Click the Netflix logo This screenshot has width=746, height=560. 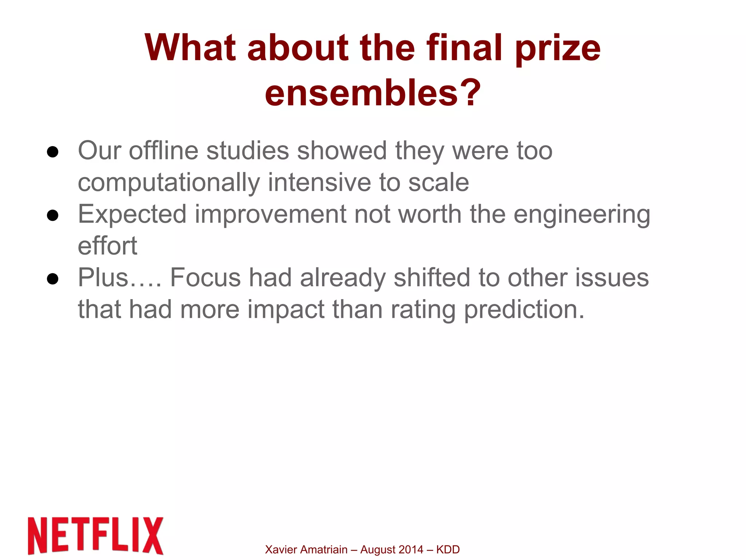click(95, 536)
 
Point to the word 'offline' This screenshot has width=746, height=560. click(164, 150)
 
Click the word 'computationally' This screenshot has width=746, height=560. click(169, 183)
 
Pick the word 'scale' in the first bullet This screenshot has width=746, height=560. click(438, 183)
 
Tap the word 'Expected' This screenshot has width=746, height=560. click(132, 214)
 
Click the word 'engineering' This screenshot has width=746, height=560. click(582, 215)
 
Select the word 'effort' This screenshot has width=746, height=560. click(107, 246)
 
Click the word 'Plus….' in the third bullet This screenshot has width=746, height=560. click(119, 278)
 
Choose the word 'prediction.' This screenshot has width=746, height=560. click(524, 310)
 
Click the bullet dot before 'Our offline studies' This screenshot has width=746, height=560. click(53, 152)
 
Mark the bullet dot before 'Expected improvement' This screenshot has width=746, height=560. click(53, 216)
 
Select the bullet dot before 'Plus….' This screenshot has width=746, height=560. click(53, 279)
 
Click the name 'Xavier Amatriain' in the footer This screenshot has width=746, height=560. click(306, 549)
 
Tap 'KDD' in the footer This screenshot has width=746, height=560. click(448, 549)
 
